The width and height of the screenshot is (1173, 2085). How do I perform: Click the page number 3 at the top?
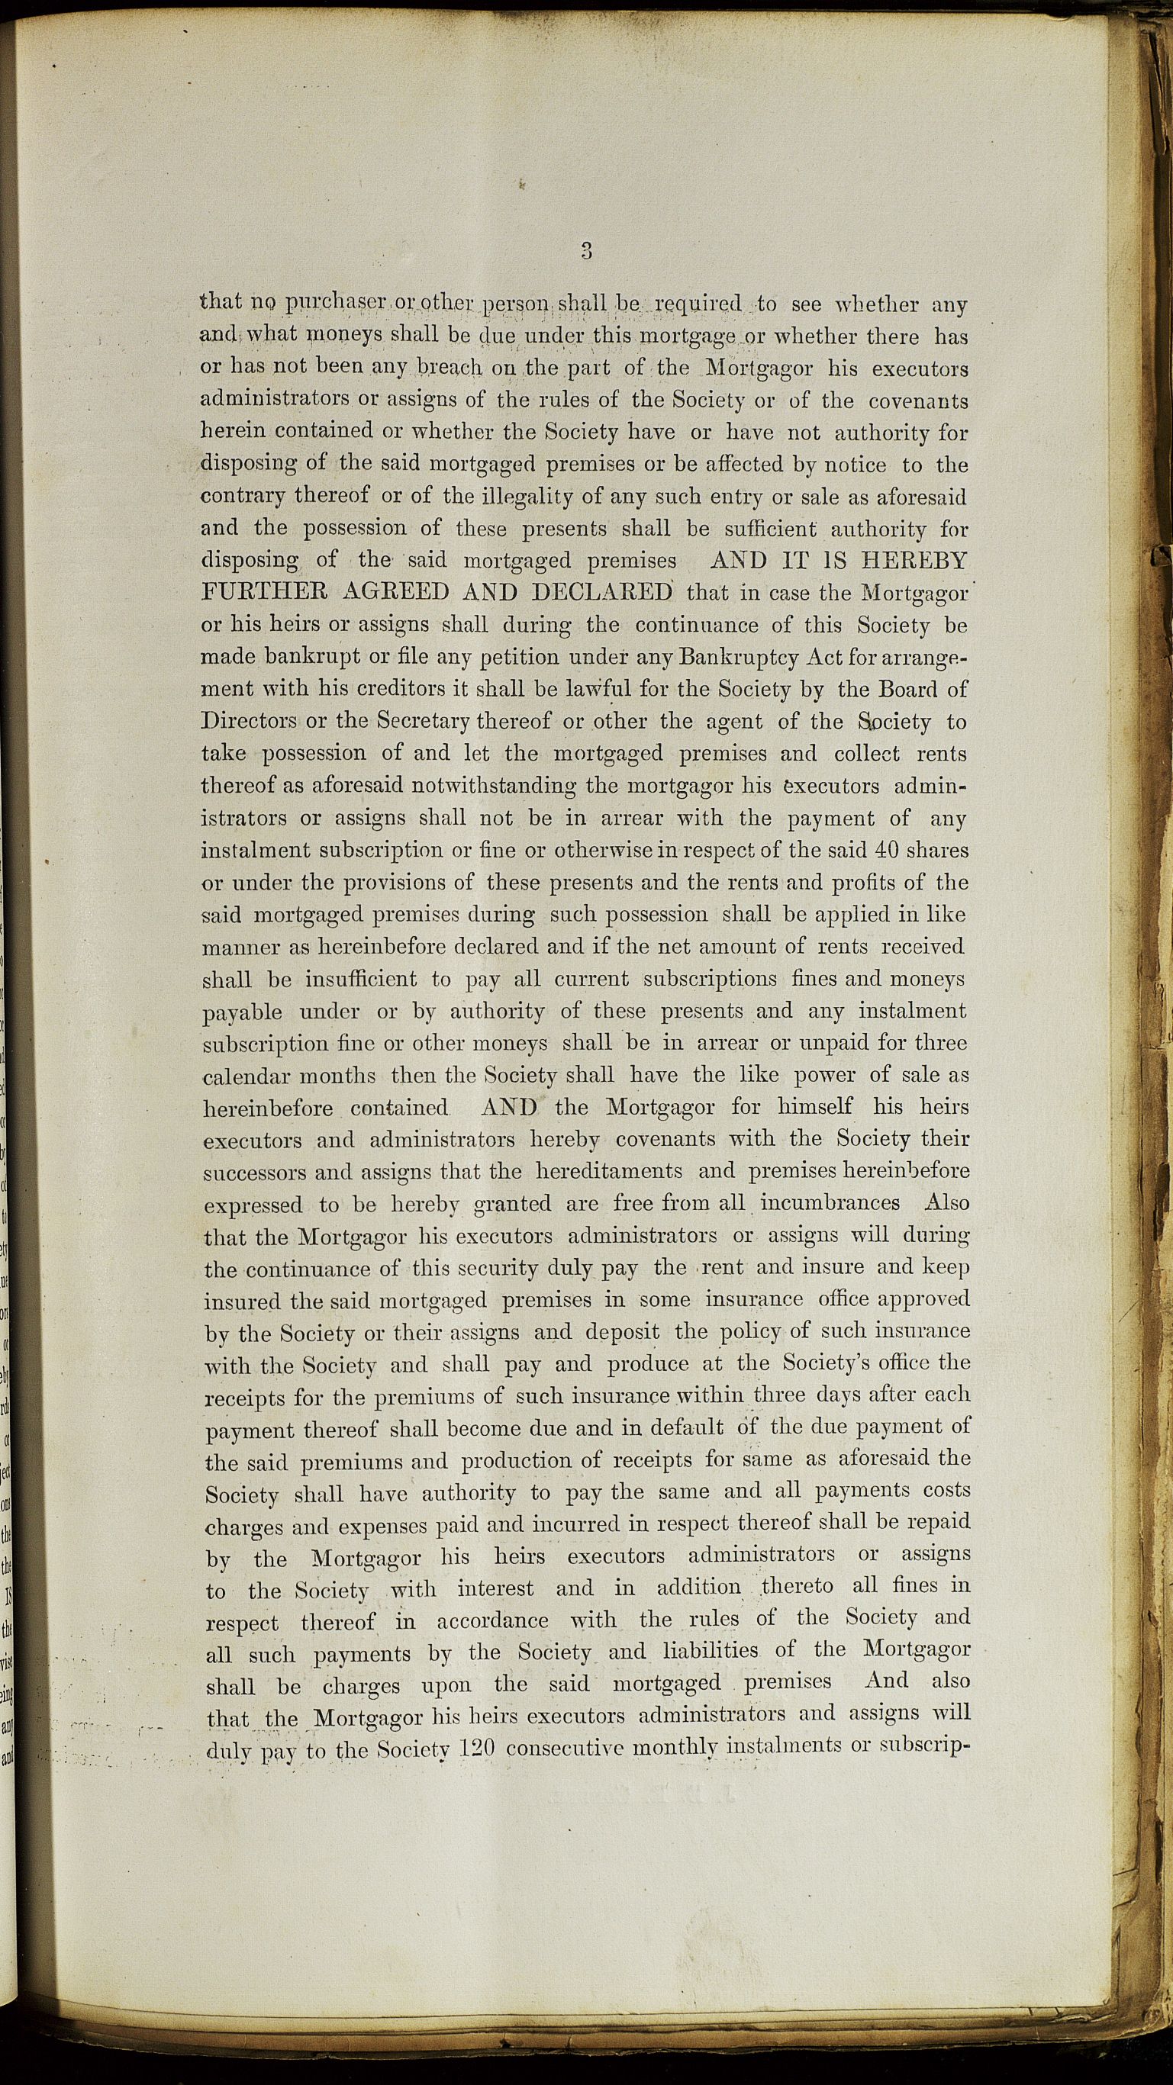click(587, 251)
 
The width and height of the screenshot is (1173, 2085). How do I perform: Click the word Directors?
click(249, 721)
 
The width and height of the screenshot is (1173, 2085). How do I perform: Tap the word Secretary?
click(418, 721)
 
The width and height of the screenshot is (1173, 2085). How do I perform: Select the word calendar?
click(243, 1076)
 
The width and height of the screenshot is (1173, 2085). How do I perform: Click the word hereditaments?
click(608, 1171)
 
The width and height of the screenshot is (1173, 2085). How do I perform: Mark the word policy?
click(749, 1331)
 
